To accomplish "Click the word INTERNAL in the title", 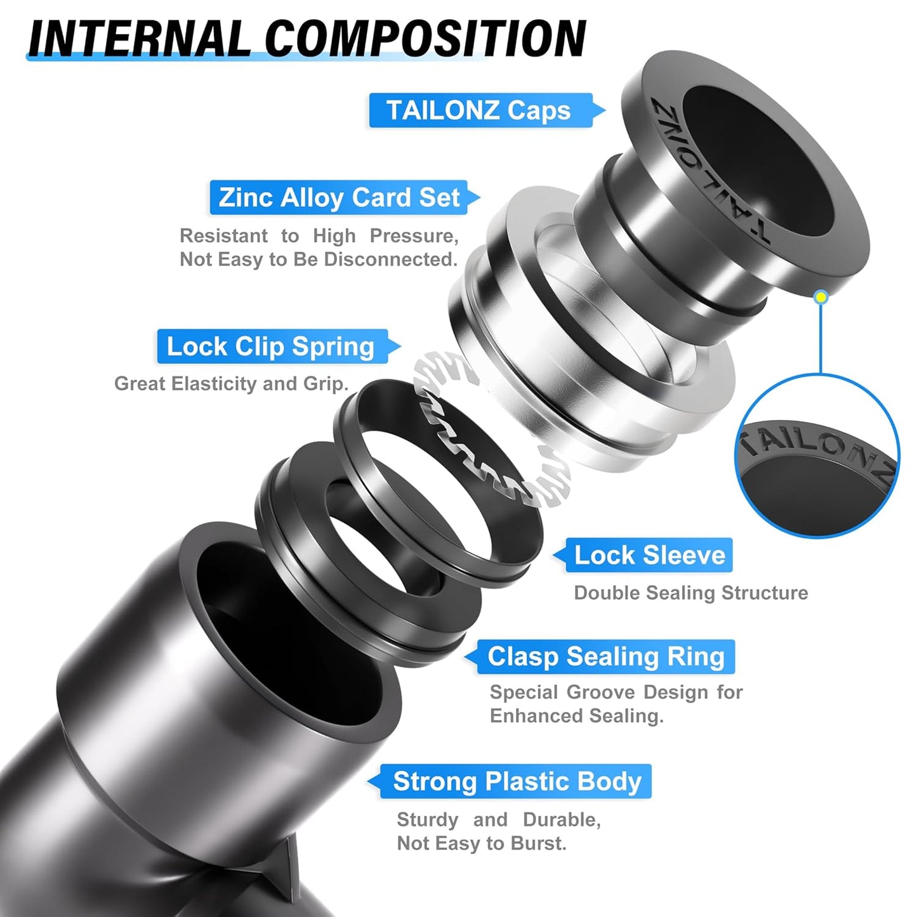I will click(140, 39).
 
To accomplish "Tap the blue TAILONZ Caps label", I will click(479, 110).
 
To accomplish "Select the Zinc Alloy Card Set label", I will click(339, 198).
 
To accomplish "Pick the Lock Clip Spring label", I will click(271, 346).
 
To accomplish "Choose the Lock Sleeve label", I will click(649, 555).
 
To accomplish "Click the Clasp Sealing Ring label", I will click(605, 657).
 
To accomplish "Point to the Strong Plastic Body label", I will click(517, 781).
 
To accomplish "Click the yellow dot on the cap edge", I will click(821, 297).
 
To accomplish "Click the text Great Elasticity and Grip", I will click(231, 384).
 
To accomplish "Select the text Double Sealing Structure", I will click(690, 593).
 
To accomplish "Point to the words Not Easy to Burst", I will click(481, 843).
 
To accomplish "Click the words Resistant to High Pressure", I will click(319, 236).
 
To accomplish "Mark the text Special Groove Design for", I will click(616, 692).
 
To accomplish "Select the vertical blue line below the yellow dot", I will click(821, 340).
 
